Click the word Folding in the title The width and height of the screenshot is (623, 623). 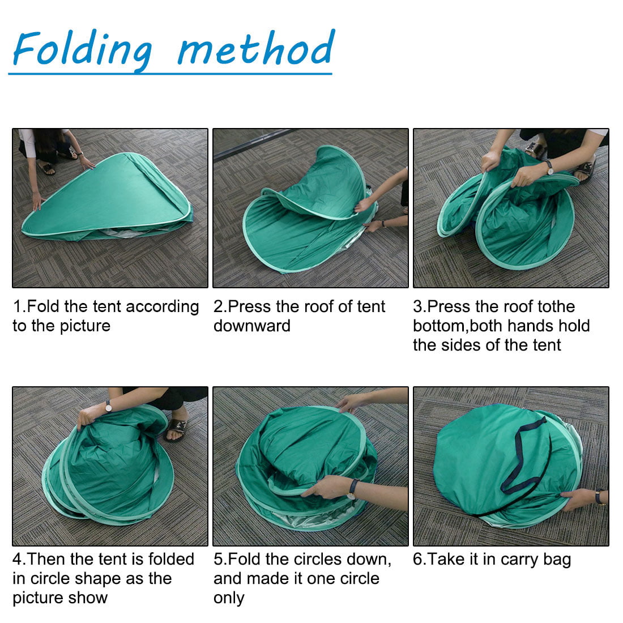(x=82, y=50)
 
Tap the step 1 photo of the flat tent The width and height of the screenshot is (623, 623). (x=110, y=208)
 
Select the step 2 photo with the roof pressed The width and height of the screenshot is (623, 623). (x=310, y=208)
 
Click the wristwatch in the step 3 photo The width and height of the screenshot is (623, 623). (x=549, y=168)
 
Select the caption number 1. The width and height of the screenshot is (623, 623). (x=18, y=307)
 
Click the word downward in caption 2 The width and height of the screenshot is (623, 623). (x=251, y=326)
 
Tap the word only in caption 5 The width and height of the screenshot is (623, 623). (x=229, y=598)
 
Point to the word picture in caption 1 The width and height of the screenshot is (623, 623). (x=81, y=326)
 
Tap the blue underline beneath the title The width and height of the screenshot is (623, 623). (x=170, y=73)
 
